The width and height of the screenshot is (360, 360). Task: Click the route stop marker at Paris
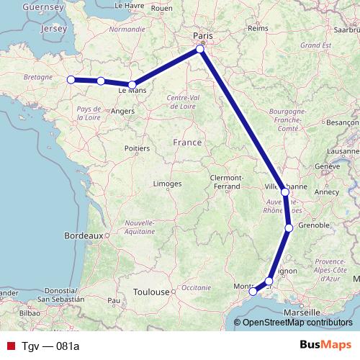tap(201, 50)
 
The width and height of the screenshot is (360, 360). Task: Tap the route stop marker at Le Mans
tap(132, 85)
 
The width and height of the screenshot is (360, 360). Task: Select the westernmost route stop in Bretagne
tap(71, 80)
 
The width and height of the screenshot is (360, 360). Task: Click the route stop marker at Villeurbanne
tap(285, 192)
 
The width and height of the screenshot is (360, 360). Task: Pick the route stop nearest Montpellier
tap(253, 292)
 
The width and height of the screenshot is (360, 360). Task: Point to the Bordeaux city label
tap(85, 235)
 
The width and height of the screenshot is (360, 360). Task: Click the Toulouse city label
tap(150, 292)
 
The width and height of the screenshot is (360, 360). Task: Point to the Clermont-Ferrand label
tap(228, 182)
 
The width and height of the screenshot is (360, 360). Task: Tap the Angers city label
tap(123, 111)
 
